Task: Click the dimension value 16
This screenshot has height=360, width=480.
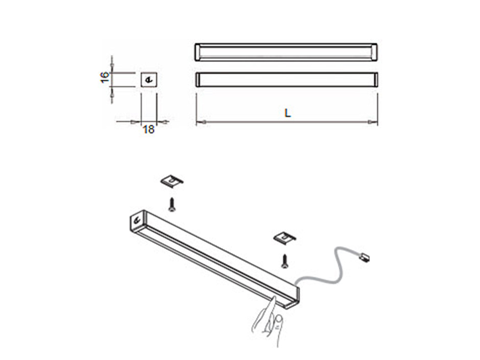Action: point(104,77)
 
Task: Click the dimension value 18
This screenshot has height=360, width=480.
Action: point(148,129)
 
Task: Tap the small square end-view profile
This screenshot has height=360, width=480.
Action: point(149,79)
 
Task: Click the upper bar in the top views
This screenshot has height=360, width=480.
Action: point(286,52)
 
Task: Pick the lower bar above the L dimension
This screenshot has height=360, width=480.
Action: point(286,80)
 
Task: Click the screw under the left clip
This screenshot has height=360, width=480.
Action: point(172,205)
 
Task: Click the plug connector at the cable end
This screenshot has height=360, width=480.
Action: point(364,259)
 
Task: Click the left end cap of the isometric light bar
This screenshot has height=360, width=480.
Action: point(139,221)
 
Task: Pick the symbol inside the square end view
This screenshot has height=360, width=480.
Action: point(149,79)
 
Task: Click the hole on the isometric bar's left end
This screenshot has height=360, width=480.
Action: point(138,220)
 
